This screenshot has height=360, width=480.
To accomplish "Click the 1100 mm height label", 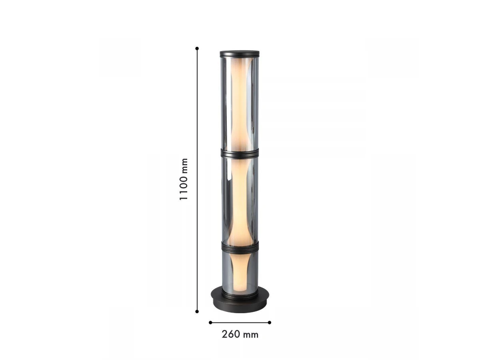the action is (x=184, y=179).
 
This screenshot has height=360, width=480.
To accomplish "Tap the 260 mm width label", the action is (x=240, y=334).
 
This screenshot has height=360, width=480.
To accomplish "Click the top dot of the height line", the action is (x=197, y=48).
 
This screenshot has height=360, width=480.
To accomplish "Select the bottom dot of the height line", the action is (x=197, y=312).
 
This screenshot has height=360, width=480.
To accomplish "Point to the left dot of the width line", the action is (x=210, y=322).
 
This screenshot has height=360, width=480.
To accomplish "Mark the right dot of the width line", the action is (x=270, y=322).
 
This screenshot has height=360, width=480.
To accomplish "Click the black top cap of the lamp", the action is (x=240, y=54).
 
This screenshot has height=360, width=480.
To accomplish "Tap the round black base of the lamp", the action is (x=240, y=302).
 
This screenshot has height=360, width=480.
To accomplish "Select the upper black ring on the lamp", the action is (x=240, y=153).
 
